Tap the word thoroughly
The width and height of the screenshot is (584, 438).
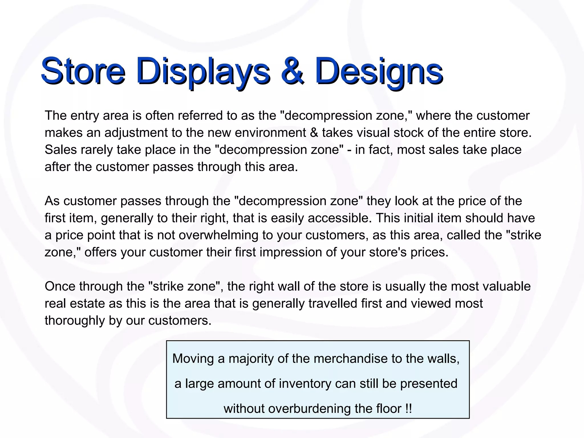coord(75,321)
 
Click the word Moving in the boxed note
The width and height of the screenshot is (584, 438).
coord(193,359)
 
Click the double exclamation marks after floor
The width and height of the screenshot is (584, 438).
coord(408,409)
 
